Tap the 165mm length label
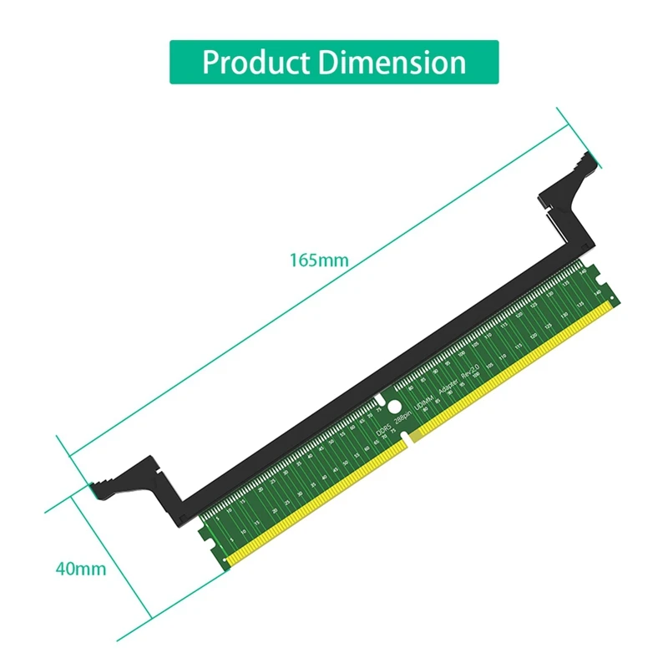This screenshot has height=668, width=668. (318, 260)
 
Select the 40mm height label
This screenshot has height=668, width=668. (80, 569)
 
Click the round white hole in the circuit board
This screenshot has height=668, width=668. (380, 399)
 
